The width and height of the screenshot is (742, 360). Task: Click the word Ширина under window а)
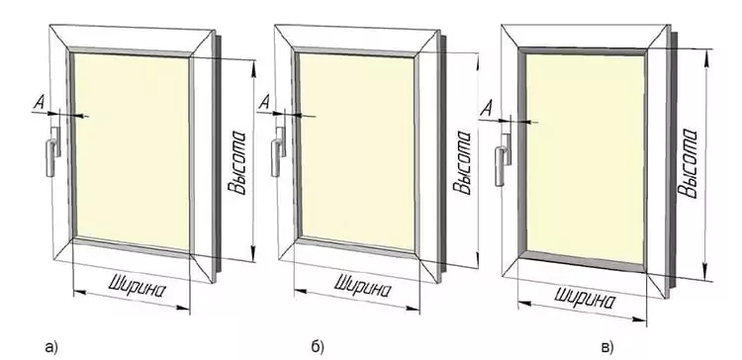tap(138, 287)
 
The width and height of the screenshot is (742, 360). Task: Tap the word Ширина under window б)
tap(363, 287)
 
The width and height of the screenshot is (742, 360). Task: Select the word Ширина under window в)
tap(586, 297)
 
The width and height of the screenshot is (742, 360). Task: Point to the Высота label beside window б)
tap(462, 162)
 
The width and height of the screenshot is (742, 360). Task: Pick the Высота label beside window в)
tap(688, 162)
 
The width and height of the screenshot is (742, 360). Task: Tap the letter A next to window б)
tap(264, 104)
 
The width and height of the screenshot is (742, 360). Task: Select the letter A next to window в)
tap(486, 110)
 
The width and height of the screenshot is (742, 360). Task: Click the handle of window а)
tap(53, 151)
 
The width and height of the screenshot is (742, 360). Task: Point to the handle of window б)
tap(278, 151)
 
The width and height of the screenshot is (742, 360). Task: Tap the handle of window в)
tap(503, 159)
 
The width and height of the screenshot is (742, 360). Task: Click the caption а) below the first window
tap(50, 348)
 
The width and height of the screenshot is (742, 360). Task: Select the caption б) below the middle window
tap(318, 347)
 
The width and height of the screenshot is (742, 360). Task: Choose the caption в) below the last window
tap(607, 348)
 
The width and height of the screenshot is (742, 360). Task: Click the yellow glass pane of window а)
tap(132, 151)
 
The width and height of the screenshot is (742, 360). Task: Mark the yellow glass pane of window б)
tap(357, 151)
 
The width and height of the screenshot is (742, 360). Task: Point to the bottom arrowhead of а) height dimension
tap(253, 251)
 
